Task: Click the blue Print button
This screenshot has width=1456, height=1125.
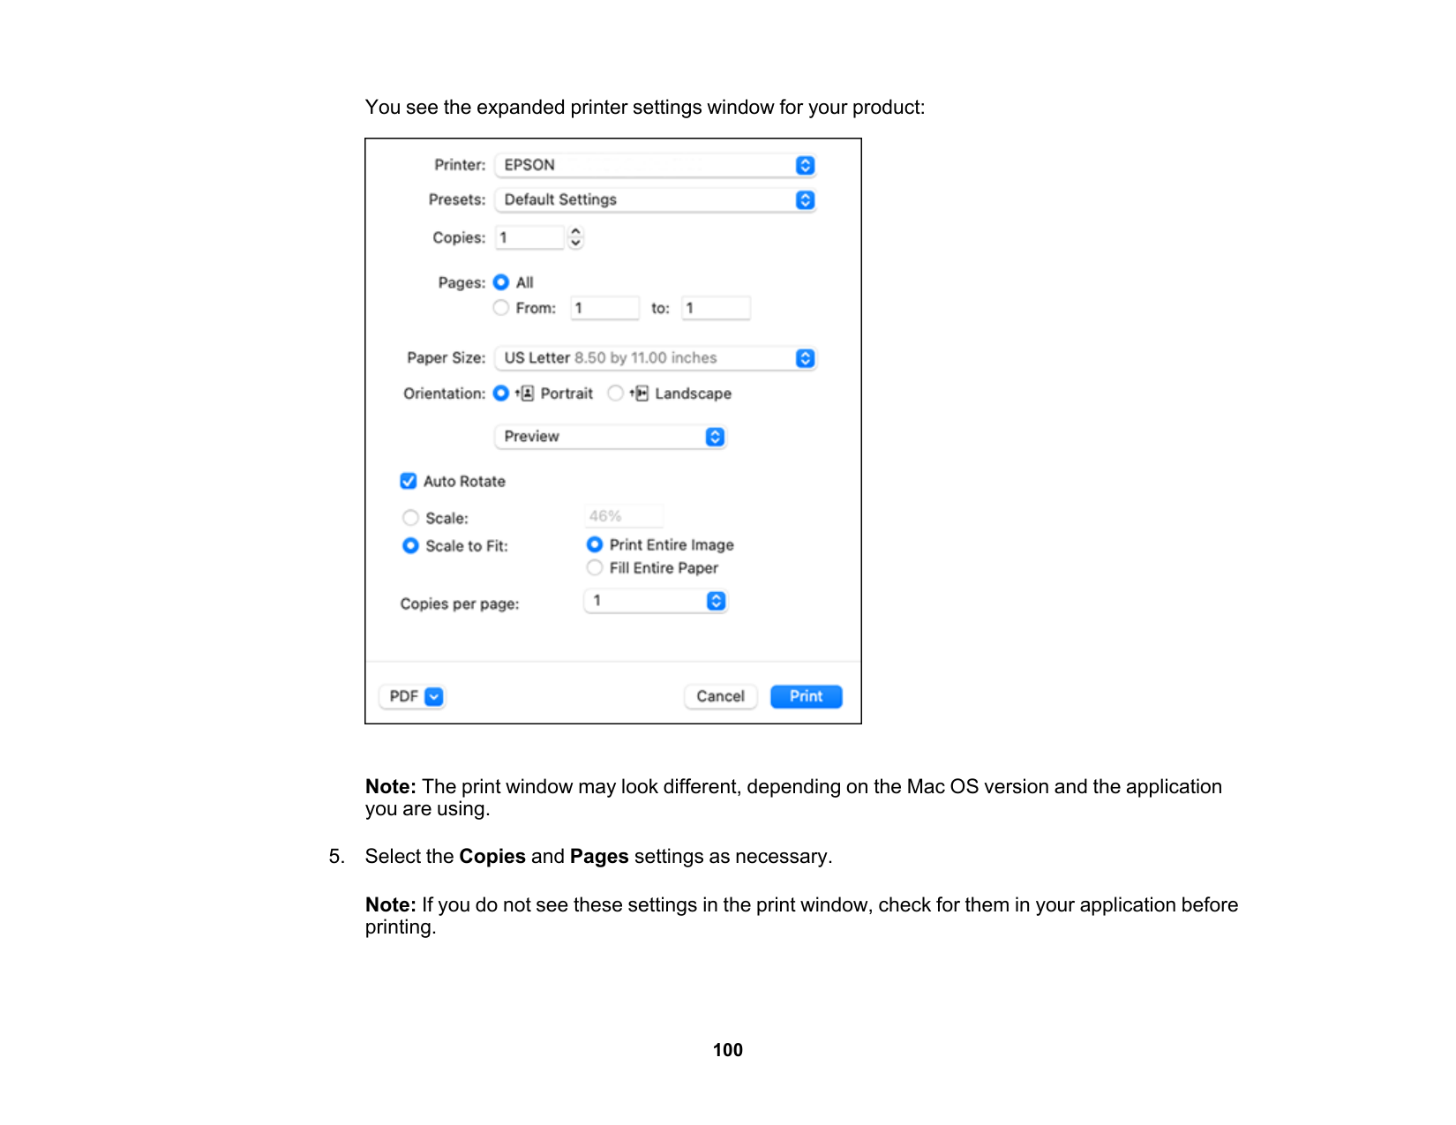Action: [x=806, y=696]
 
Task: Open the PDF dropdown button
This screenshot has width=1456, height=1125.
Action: [x=433, y=696]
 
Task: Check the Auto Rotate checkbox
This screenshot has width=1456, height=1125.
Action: [x=409, y=481]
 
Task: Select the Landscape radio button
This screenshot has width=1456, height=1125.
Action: [x=616, y=394]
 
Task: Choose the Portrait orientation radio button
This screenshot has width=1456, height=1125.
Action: [x=501, y=394]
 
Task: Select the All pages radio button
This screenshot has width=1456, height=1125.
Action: [x=501, y=282]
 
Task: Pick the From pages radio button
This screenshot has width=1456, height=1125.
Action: [x=501, y=308]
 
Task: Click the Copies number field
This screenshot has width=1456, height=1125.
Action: [x=529, y=237]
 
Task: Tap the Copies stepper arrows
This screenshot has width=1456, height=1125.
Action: [x=576, y=237]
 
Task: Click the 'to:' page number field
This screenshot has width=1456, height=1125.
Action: [x=716, y=308]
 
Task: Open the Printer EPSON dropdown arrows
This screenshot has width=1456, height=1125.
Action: [x=805, y=165]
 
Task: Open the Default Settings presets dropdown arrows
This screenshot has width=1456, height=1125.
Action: [x=805, y=200]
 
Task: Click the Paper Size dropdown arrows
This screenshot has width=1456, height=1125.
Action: [x=805, y=358]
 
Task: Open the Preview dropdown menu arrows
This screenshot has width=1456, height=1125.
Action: [x=715, y=437]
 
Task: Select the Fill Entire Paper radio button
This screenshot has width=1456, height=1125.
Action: [x=595, y=568]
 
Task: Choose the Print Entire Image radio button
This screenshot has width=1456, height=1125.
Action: [x=595, y=545]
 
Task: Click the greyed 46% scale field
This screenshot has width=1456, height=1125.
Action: [x=624, y=516]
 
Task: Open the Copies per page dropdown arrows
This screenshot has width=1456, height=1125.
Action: [x=716, y=601]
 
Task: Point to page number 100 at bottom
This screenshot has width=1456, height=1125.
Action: [x=728, y=1050]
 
